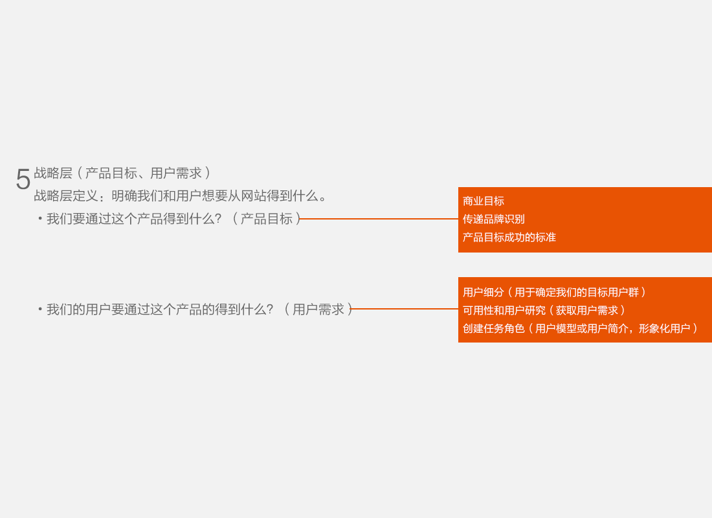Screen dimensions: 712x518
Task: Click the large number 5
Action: click(23, 179)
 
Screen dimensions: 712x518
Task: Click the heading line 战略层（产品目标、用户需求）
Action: click(122, 174)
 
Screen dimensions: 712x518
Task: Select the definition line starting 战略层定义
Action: click(181, 196)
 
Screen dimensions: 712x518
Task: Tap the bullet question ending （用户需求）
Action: click(199, 310)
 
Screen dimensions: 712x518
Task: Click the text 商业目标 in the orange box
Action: click(484, 201)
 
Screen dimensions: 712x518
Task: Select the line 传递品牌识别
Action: click(494, 220)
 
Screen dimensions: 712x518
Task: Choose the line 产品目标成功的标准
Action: click(509, 238)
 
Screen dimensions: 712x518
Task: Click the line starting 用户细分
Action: click(554, 293)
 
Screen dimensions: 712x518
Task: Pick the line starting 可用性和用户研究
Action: click(544, 311)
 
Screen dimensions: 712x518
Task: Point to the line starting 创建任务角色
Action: click(580, 329)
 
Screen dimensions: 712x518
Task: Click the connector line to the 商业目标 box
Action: click(379, 219)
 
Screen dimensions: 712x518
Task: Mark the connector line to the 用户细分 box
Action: click(405, 309)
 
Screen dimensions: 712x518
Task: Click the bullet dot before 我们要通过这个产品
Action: click(40, 219)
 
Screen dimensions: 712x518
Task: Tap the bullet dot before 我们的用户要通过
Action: click(40, 310)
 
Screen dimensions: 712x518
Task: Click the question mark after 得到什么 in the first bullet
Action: click(218, 219)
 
